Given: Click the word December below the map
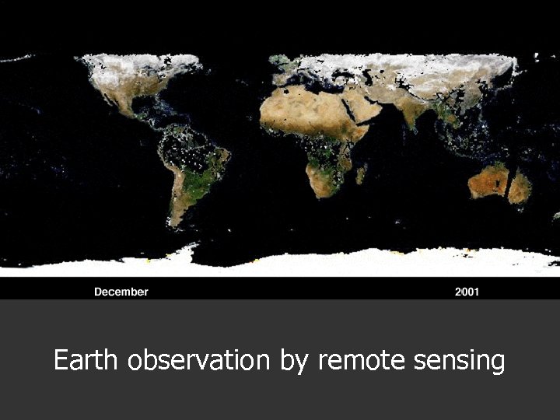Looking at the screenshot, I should tap(121, 292).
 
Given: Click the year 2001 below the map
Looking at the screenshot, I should tap(467, 292).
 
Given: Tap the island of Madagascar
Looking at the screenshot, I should tap(361, 173).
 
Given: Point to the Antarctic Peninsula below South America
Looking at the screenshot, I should tap(187, 250).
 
